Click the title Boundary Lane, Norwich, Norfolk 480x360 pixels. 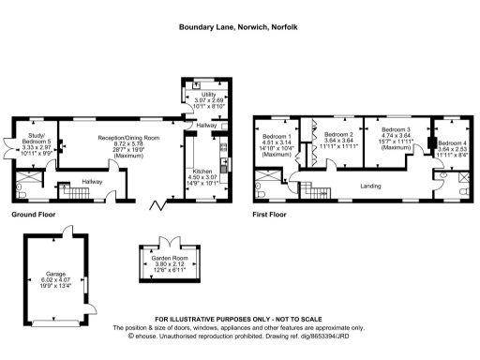[x=239, y=27]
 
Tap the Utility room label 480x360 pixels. [x=205, y=94]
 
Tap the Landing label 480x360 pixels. [x=370, y=187]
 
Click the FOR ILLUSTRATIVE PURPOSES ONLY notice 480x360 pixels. [x=239, y=320]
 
